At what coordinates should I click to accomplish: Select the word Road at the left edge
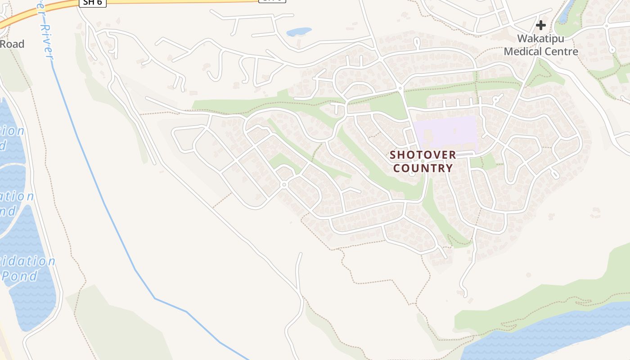tap(12, 44)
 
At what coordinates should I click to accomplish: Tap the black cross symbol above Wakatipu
tap(540, 25)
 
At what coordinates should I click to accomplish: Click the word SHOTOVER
tap(423, 155)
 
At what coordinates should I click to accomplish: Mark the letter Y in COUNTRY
tap(450, 168)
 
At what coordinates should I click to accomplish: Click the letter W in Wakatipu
tap(522, 39)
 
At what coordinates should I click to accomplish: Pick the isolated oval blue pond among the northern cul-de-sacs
tap(299, 31)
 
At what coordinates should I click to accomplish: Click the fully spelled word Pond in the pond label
tap(21, 275)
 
